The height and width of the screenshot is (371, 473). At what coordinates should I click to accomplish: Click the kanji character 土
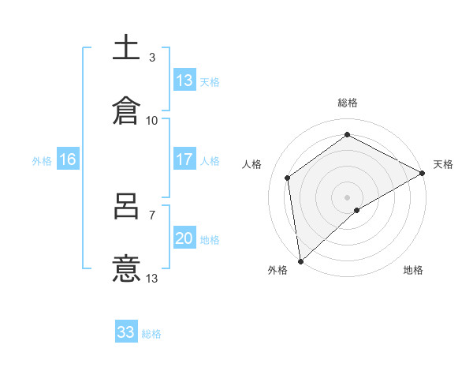pyautogui.click(x=127, y=48)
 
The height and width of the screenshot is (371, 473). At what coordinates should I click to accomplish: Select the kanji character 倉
pyautogui.click(x=127, y=111)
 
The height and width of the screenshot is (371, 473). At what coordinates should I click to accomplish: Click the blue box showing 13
pyautogui.click(x=184, y=81)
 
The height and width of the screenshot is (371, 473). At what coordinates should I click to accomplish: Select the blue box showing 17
pyautogui.click(x=184, y=159)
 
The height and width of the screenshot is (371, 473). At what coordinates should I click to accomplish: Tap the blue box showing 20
pyautogui.click(x=184, y=238)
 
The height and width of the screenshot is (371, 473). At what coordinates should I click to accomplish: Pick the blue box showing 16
pyautogui.click(x=68, y=159)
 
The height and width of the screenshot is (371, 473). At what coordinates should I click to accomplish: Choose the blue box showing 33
pyautogui.click(x=126, y=332)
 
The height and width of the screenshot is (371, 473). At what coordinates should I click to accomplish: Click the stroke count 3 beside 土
pyautogui.click(x=152, y=58)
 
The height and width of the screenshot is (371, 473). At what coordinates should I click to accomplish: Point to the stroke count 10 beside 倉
pyautogui.click(x=152, y=121)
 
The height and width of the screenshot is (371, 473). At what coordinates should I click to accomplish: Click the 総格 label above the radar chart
pyautogui.click(x=348, y=103)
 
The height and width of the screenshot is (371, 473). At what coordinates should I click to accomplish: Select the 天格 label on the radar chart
pyautogui.click(x=443, y=164)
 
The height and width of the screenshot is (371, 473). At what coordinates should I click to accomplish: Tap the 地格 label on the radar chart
pyautogui.click(x=413, y=270)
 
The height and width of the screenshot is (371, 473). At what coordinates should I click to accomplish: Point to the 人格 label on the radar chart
pyautogui.click(x=252, y=164)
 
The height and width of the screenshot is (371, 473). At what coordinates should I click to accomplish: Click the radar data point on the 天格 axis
pyautogui.click(x=423, y=173)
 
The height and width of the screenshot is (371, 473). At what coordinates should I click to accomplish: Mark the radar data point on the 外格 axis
pyautogui.click(x=300, y=260)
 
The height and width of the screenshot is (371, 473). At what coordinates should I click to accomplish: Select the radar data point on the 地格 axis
pyautogui.click(x=357, y=210)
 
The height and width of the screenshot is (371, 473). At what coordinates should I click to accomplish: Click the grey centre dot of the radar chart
pyautogui.click(x=348, y=197)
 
